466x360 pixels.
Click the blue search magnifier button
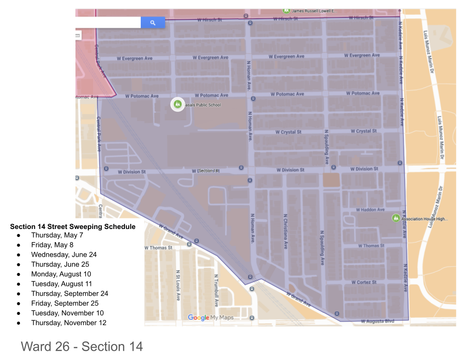[153, 22]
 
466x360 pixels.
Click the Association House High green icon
[396, 218]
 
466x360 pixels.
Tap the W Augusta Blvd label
[377, 321]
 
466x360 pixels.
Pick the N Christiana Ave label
[286, 232]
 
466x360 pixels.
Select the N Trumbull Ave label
[216, 290]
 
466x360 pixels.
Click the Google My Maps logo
[210, 317]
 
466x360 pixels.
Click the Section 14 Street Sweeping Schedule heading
[73, 227]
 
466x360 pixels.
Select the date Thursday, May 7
[57, 235]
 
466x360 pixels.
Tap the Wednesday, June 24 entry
[64, 255]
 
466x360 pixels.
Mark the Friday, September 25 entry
[64, 303]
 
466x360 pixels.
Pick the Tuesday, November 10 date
[67, 313]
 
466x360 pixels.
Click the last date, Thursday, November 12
[68, 322]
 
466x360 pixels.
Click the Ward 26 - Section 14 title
[82, 346]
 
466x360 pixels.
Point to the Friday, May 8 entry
[52, 245]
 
